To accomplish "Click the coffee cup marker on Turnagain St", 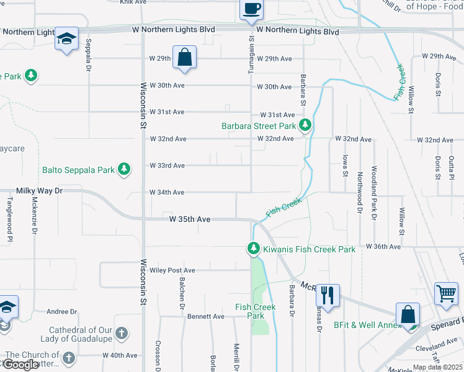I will pos(251,9).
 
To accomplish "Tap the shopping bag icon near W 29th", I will pos(184,57).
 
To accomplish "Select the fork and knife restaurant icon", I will pos(328,294).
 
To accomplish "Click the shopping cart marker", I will pos(446,293).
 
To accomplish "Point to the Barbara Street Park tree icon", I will pos(305,126).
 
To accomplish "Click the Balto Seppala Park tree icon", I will pos(124,169).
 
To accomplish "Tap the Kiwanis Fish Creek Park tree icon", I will pos(254,249).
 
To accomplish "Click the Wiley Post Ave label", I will pos(172,270).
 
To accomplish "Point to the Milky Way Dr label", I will pos(40,192).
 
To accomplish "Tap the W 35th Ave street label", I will pos(190,219).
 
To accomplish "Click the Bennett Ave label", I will pos(206,316).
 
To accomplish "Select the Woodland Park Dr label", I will pos(374,192).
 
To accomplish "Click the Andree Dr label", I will pos(61,312).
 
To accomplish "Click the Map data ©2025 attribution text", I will pos(437,368).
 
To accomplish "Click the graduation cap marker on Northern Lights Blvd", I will pos(66,38).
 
